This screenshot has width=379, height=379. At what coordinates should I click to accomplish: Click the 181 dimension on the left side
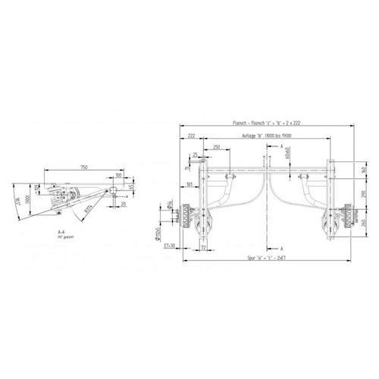[x=187, y=184]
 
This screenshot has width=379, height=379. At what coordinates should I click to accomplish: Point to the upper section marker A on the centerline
[x=280, y=143]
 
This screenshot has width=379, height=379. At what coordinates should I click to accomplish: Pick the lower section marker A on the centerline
[x=280, y=247]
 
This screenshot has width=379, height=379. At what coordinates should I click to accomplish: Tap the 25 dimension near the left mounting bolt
[x=195, y=154]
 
